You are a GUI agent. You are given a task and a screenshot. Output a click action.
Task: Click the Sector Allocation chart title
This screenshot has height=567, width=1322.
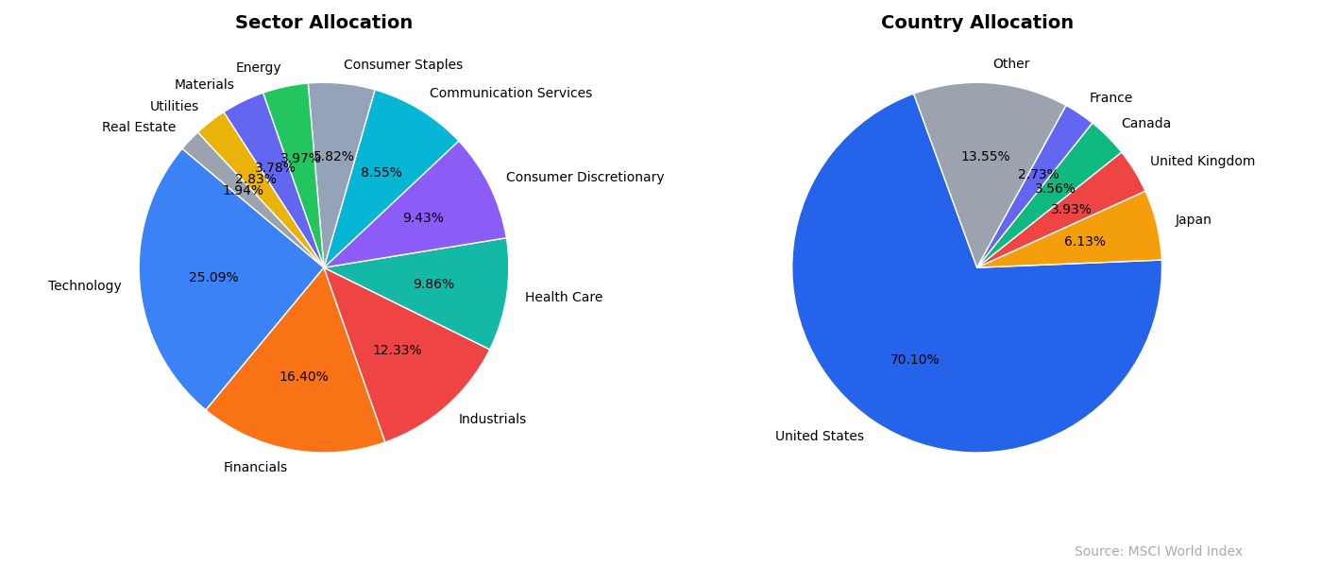[324, 23]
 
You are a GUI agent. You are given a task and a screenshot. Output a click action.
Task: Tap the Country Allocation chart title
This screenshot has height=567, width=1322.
[976, 23]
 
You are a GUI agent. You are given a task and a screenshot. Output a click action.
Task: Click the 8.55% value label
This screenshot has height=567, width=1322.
[381, 173]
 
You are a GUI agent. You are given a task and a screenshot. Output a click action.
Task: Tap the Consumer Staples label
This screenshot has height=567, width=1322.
[403, 65]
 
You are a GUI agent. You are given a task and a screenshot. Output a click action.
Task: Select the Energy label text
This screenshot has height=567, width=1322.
[258, 68]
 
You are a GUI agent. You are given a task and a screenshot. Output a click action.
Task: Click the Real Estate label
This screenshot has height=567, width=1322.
[139, 128]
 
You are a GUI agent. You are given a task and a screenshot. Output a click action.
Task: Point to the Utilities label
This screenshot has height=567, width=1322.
[174, 107]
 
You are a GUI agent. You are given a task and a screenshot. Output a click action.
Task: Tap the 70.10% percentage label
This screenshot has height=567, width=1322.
[914, 360]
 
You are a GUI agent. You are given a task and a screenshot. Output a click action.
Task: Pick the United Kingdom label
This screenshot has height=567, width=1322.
[1202, 162]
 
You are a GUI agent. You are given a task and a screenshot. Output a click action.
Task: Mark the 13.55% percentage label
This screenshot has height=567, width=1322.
[985, 157]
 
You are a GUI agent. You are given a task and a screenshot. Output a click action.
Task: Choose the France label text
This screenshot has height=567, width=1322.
[1110, 98]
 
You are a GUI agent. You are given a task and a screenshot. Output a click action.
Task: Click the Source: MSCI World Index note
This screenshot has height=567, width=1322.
[1158, 552]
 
